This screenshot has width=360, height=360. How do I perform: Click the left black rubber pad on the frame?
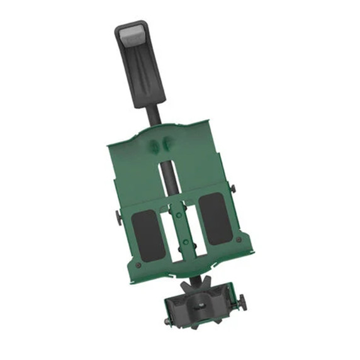[x=148, y=235]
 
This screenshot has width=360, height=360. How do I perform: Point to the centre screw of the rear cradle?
[x=198, y=307]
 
